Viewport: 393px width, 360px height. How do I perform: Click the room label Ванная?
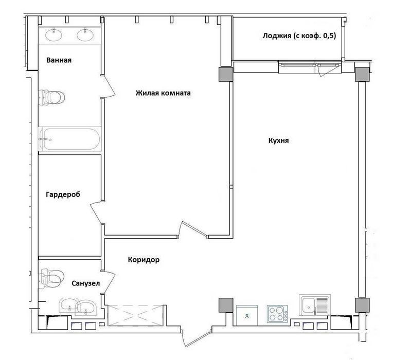[59, 60]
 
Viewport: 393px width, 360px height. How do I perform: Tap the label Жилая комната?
[163, 93]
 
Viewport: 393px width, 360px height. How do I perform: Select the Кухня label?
[278, 140]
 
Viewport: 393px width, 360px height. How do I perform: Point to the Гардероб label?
[63, 194]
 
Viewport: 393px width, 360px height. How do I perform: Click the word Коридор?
[144, 260]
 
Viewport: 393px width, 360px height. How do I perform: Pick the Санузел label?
[86, 283]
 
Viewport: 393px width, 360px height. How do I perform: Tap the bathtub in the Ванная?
[70, 139]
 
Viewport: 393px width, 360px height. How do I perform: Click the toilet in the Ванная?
[52, 97]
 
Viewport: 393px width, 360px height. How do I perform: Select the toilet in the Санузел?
[51, 278]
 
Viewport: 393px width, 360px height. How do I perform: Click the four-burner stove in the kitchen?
[277, 313]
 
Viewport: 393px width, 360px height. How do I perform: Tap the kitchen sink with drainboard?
[315, 305]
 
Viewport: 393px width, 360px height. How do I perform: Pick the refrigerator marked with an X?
[247, 315]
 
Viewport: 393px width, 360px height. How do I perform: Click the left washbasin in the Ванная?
[53, 34]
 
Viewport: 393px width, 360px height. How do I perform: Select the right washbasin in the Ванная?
[85, 34]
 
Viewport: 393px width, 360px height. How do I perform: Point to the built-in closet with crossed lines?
[135, 315]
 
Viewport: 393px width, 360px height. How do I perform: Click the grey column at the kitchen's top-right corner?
[362, 75]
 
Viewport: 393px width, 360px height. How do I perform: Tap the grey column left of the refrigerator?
[226, 305]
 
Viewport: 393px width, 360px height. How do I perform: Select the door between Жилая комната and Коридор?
[192, 230]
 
